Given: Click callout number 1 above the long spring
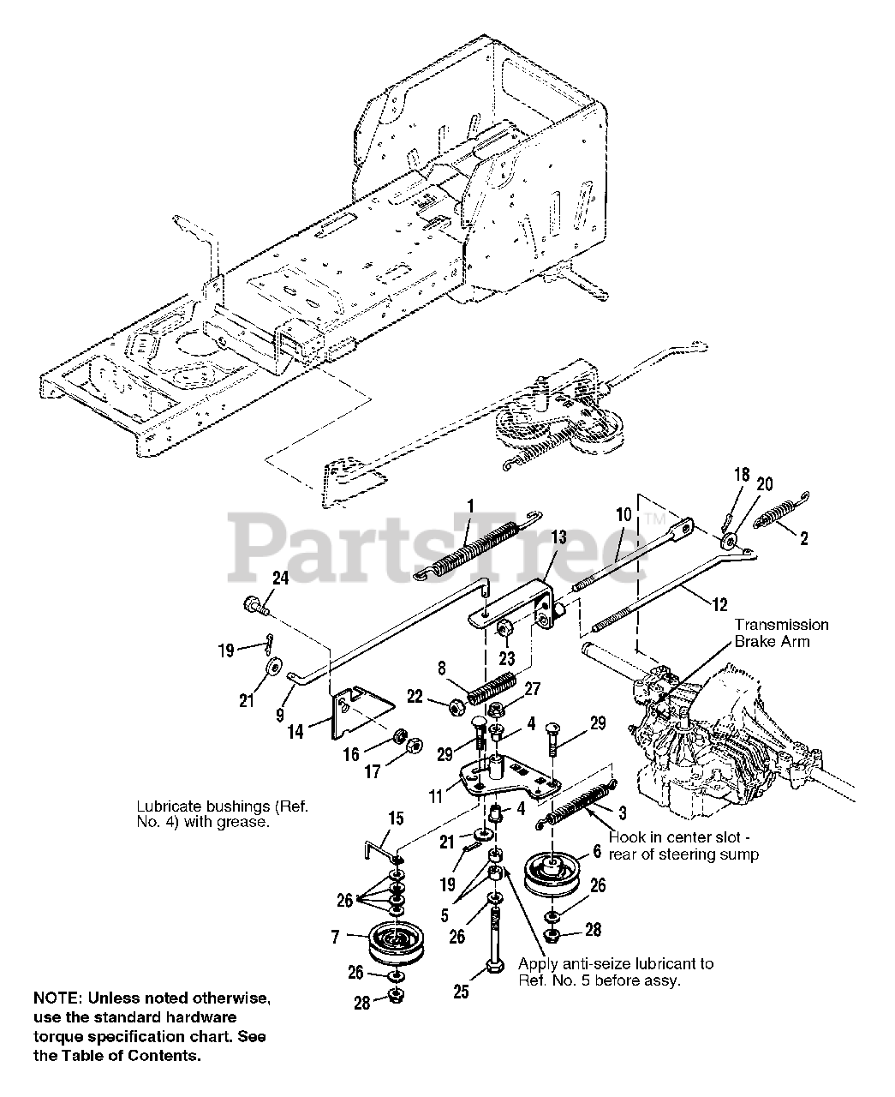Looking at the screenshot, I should click(470, 505).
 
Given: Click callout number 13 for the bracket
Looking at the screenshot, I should click(558, 537).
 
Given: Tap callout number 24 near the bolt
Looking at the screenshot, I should click(280, 578).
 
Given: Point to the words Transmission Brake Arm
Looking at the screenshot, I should click(780, 633).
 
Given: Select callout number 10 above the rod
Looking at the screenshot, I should click(623, 515).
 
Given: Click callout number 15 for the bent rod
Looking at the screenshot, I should click(395, 818).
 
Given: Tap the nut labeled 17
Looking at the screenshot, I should click(411, 745).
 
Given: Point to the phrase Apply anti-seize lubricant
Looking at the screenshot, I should click(615, 963).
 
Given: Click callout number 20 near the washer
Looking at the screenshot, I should click(764, 484).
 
